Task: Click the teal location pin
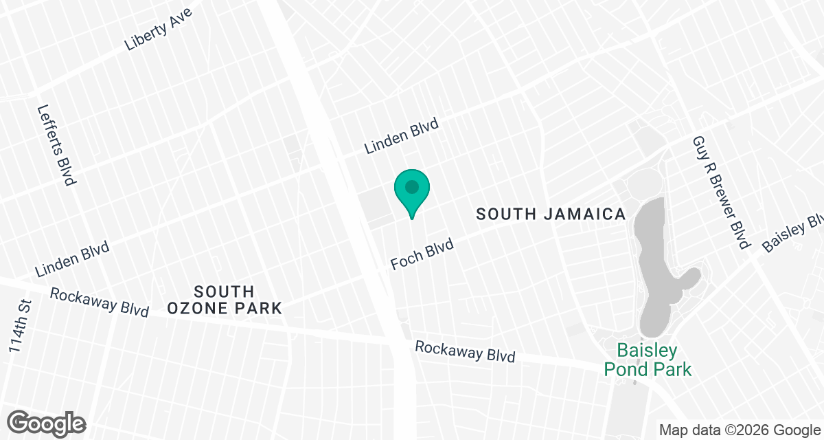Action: coord(411,192)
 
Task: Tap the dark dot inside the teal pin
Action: coord(411,186)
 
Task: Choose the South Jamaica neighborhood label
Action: coord(551,214)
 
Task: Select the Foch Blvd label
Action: coord(422,254)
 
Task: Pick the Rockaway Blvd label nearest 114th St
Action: coord(100,302)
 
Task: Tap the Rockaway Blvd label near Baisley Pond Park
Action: coord(465,352)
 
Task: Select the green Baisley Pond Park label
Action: coord(648,360)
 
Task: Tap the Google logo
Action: coord(47,423)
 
